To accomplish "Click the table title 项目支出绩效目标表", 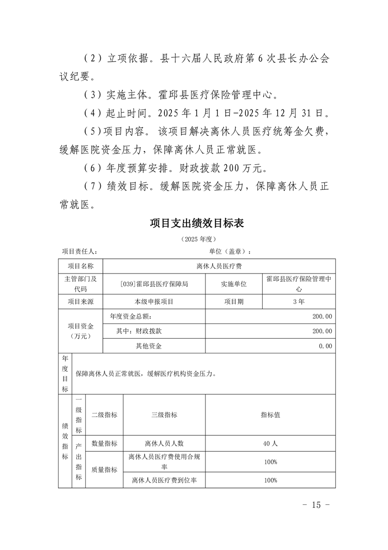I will (x=197, y=224).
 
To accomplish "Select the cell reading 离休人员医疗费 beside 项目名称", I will (x=219, y=266).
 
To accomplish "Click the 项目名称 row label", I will (x=80, y=266).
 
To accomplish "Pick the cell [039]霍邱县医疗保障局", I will (x=154, y=284).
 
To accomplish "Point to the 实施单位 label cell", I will (x=233, y=284).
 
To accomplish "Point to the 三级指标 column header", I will (x=164, y=415).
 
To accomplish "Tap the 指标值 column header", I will (x=270, y=415).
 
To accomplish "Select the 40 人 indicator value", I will (x=270, y=443).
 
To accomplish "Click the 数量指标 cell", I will (x=104, y=443).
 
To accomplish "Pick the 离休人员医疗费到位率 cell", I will (x=164, y=480).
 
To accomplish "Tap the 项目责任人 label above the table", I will (x=79, y=251).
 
